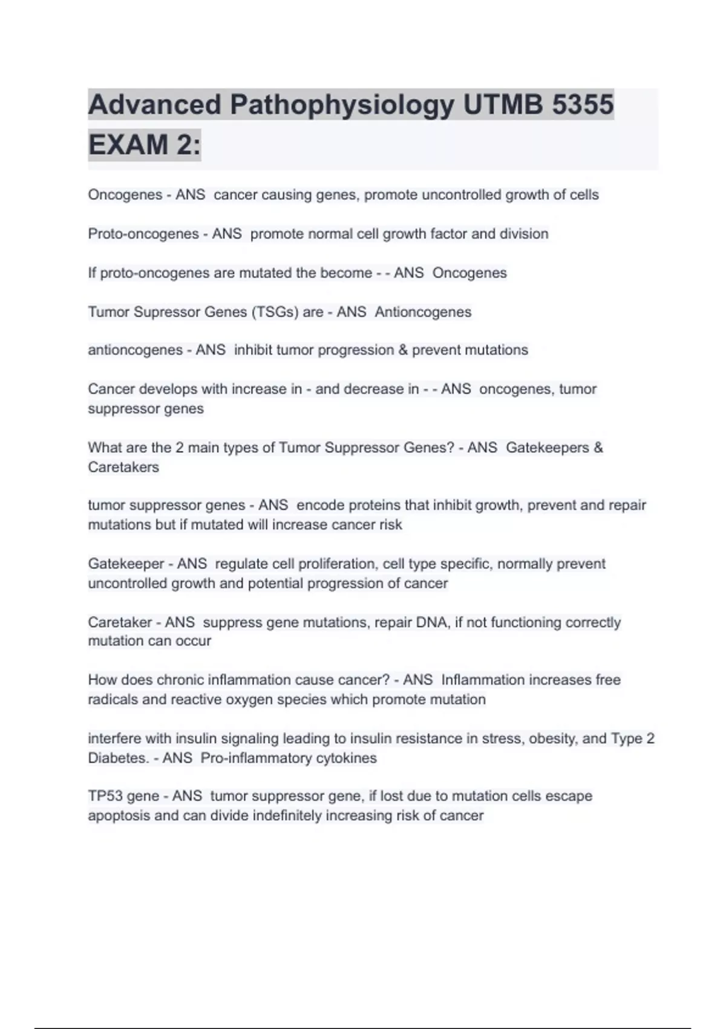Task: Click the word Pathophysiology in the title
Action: coord(341,105)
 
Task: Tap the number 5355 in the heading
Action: coord(582,105)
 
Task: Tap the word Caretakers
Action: coord(123,467)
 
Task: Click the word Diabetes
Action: coord(117,758)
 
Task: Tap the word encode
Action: coord(319,505)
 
